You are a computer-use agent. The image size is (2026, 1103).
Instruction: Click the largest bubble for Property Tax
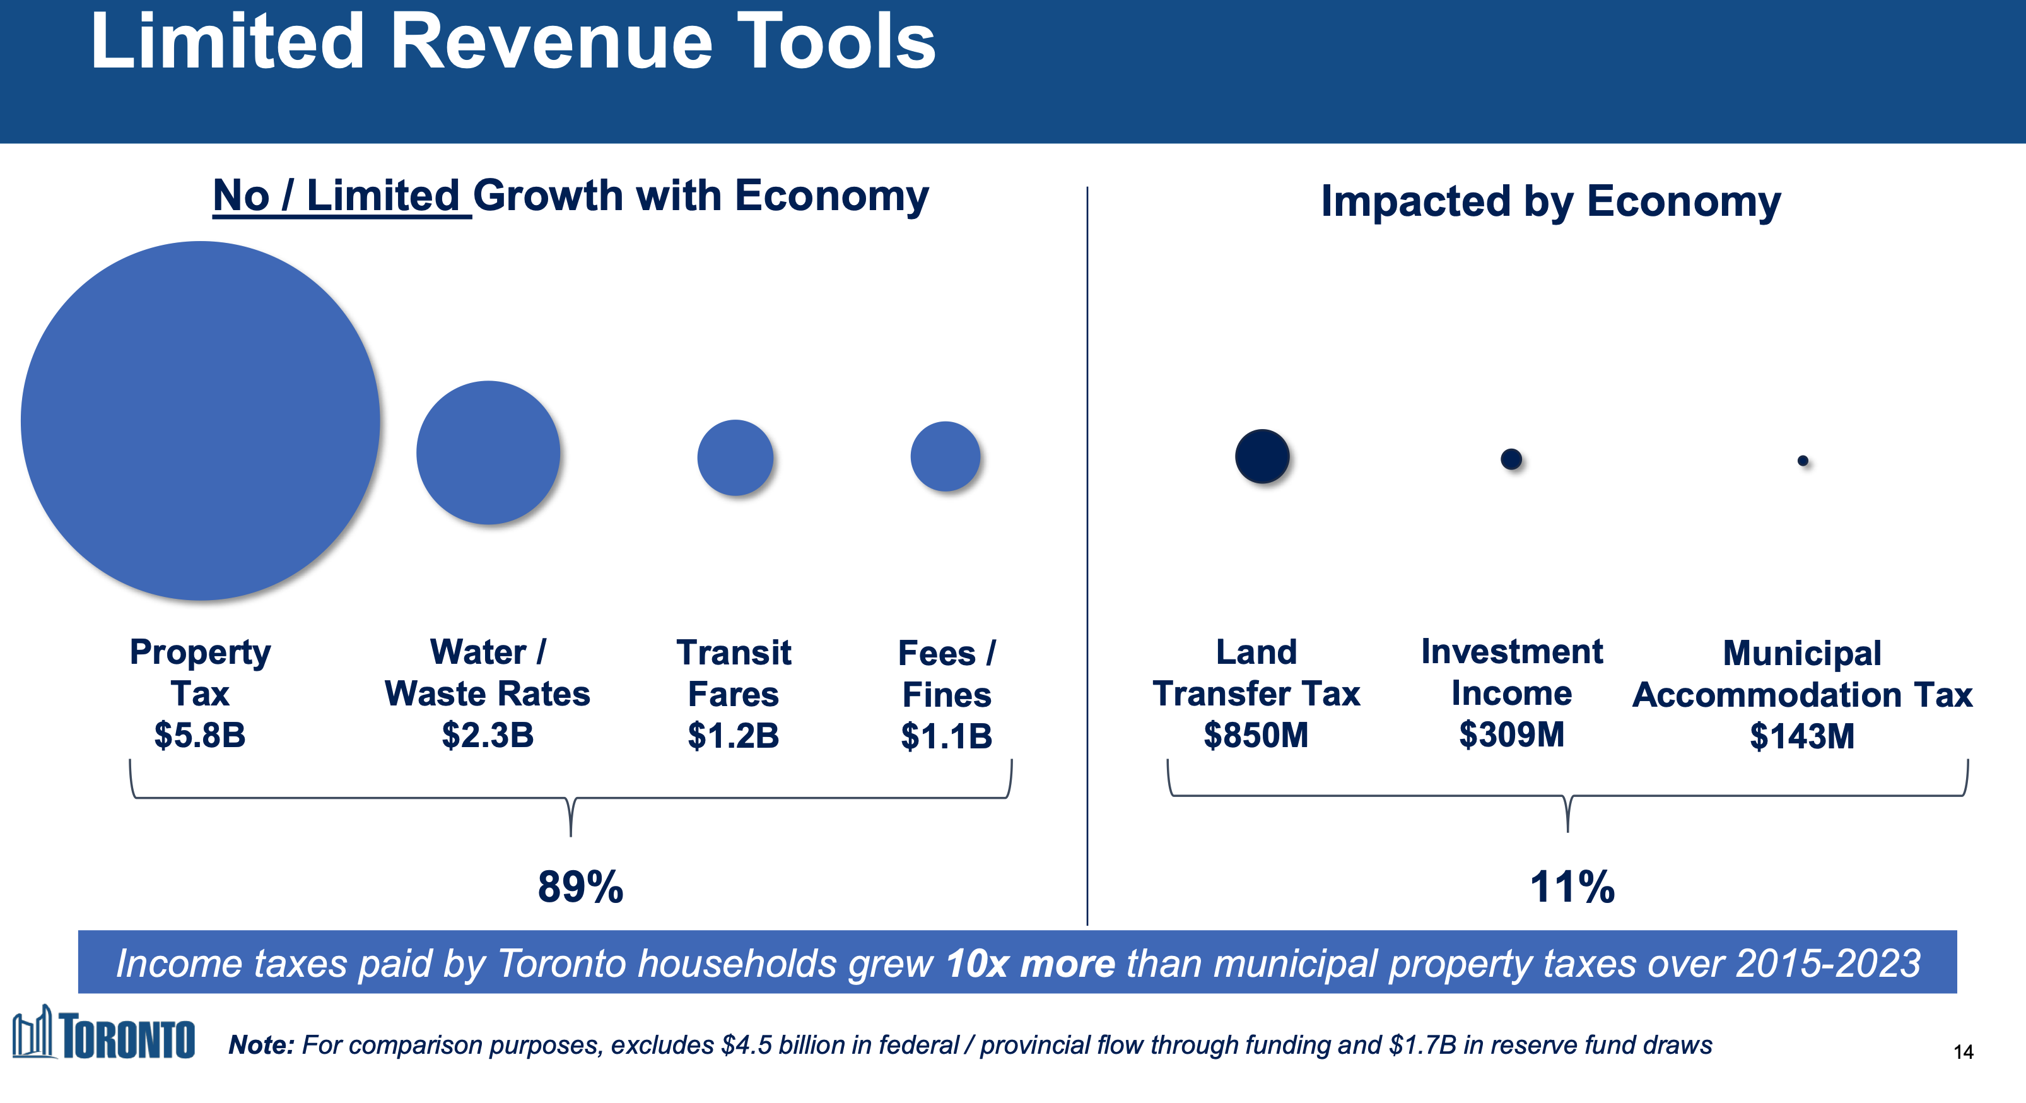[x=201, y=421]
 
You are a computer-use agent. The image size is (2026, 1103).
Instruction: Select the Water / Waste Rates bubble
[x=488, y=452]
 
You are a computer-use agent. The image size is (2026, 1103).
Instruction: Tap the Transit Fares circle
[x=735, y=457]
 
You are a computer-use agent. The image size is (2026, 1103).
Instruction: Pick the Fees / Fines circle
[x=946, y=456]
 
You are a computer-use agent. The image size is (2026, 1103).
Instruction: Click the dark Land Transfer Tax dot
[x=1262, y=456]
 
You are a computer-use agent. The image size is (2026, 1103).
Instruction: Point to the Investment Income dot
[x=1511, y=459]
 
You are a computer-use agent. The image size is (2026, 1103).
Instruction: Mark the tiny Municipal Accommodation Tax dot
[x=1803, y=460]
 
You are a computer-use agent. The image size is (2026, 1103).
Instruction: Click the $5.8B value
[x=200, y=736]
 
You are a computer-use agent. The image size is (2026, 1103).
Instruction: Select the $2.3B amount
[x=488, y=736]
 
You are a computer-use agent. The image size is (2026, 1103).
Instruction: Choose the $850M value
[x=1256, y=736]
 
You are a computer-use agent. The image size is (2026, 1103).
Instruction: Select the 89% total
[x=580, y=887]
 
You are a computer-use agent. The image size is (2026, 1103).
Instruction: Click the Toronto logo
[x=104, y=1033]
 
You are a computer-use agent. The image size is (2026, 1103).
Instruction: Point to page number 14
[x=1963, y=1052]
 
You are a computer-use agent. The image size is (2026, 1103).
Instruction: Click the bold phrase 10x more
[x=1030, y=964]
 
